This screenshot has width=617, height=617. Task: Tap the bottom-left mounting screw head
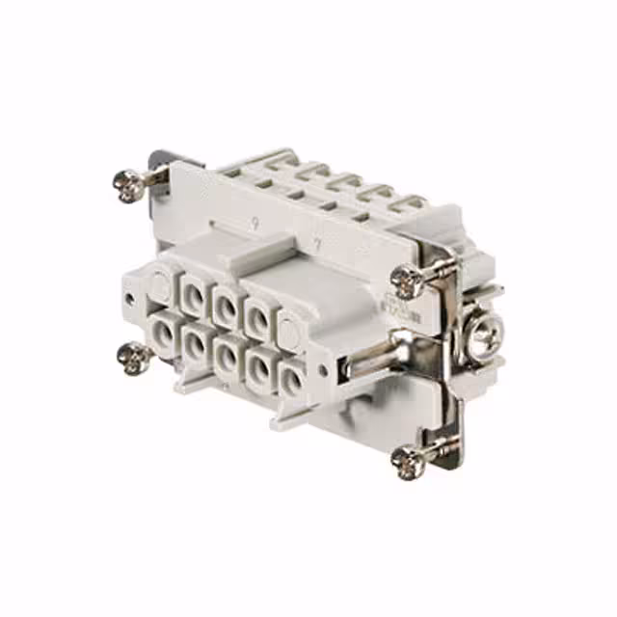click(x=130, y=359)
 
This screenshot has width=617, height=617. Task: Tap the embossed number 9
click(x=253, y=224)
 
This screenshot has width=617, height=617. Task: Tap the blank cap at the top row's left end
click(x=157, y=284)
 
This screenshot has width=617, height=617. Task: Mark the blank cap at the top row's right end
click(x=290, y=328)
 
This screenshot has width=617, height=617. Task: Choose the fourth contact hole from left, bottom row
click(x=258, y=362)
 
